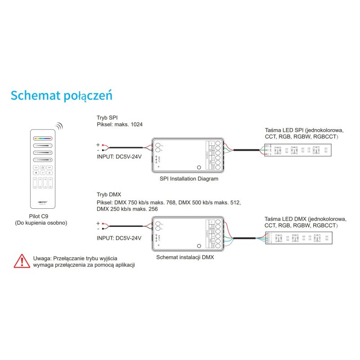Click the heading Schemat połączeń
pos(61,96)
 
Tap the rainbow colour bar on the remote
pos(42,139)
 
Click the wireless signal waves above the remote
pos(59,126)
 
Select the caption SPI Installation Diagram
pos(189,179)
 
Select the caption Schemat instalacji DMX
pos(184,258)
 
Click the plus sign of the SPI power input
pos(98,145)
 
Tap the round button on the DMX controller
pos(199,246)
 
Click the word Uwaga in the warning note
pos(42,258)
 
